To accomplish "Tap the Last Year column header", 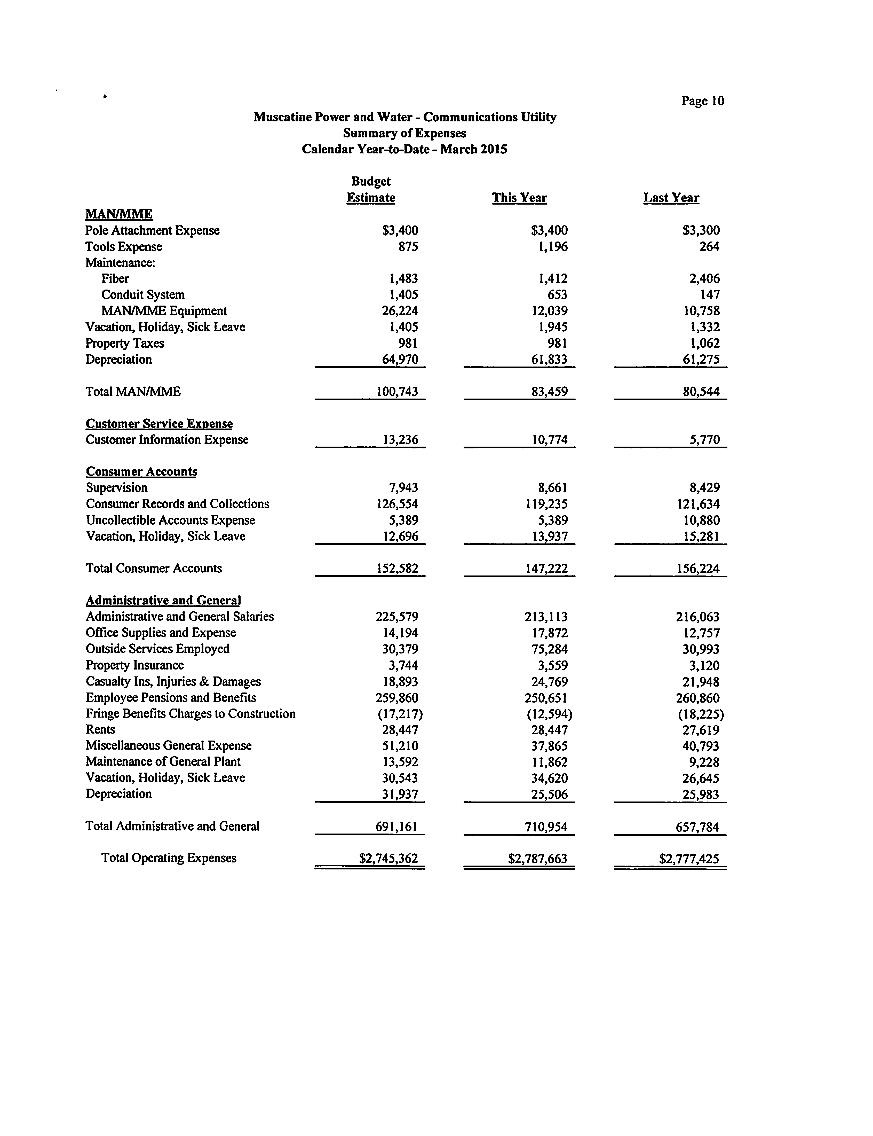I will pos(671,198).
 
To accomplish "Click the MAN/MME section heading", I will pos(119,214).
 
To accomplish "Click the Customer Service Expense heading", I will pos(159,424).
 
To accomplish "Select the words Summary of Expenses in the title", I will pos(404,134).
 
